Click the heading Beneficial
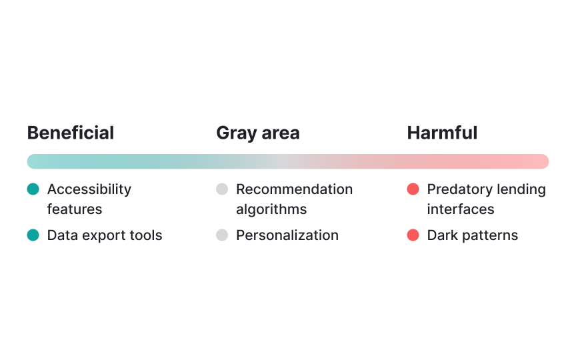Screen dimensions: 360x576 (71, 133)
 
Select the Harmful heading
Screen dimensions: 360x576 (442, 133)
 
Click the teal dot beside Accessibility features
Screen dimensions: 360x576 (33, 189)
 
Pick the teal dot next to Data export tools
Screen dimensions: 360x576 (33, 235)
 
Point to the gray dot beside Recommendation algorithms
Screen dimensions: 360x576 (222, 189)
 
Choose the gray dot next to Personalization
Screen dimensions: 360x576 (222, 235)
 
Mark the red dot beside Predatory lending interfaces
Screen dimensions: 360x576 (413, 189)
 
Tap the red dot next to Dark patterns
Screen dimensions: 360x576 (413, 235)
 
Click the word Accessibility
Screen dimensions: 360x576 (89, 189)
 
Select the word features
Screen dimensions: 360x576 (75, 209)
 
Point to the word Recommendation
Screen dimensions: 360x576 (294, 189)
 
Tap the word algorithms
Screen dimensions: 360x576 (271, 209)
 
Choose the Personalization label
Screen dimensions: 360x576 (287, 235)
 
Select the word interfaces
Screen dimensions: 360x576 (461, 209)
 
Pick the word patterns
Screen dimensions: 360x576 (491, 235)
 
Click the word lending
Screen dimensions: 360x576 (521, 189)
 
